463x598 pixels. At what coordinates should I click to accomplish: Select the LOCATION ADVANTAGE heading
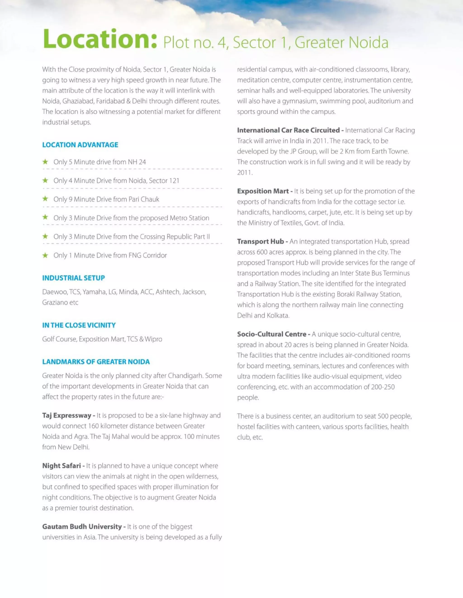point(80,145)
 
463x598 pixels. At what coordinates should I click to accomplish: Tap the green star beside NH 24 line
point(45,162)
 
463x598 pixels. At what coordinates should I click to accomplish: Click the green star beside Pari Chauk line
point(45,199)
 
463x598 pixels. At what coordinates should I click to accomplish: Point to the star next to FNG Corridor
point(45,255)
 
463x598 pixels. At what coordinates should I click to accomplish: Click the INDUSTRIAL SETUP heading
point(73,278)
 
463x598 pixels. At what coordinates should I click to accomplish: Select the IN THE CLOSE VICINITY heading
point(79,325)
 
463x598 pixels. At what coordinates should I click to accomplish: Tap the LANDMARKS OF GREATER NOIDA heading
point(96,362)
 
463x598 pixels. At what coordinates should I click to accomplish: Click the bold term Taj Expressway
point(66,415)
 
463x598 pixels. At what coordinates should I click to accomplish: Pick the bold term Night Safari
point(61,466)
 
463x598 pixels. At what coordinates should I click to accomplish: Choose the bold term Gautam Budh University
point(82,527)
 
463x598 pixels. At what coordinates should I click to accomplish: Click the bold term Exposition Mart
point(263,191)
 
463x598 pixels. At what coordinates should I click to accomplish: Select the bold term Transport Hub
point(260,242)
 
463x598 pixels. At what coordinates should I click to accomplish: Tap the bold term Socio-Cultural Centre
point(272,334)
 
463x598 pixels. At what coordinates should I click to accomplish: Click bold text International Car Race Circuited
point(288,130)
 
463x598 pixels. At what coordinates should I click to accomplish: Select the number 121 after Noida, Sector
point(174,181)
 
